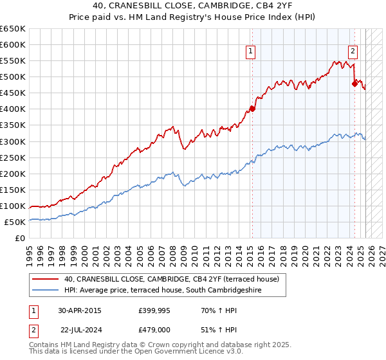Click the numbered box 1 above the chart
pos(250,53)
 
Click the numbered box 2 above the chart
pos(353,53)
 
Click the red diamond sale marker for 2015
pos(252,109)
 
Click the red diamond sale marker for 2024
pos(354,83)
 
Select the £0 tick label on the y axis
pos(21,238)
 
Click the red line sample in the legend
pos(45,279)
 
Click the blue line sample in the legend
pos(45,291)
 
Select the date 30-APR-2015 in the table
pos(79,310)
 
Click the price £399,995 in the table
pos(154,310)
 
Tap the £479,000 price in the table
pos(154,330)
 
